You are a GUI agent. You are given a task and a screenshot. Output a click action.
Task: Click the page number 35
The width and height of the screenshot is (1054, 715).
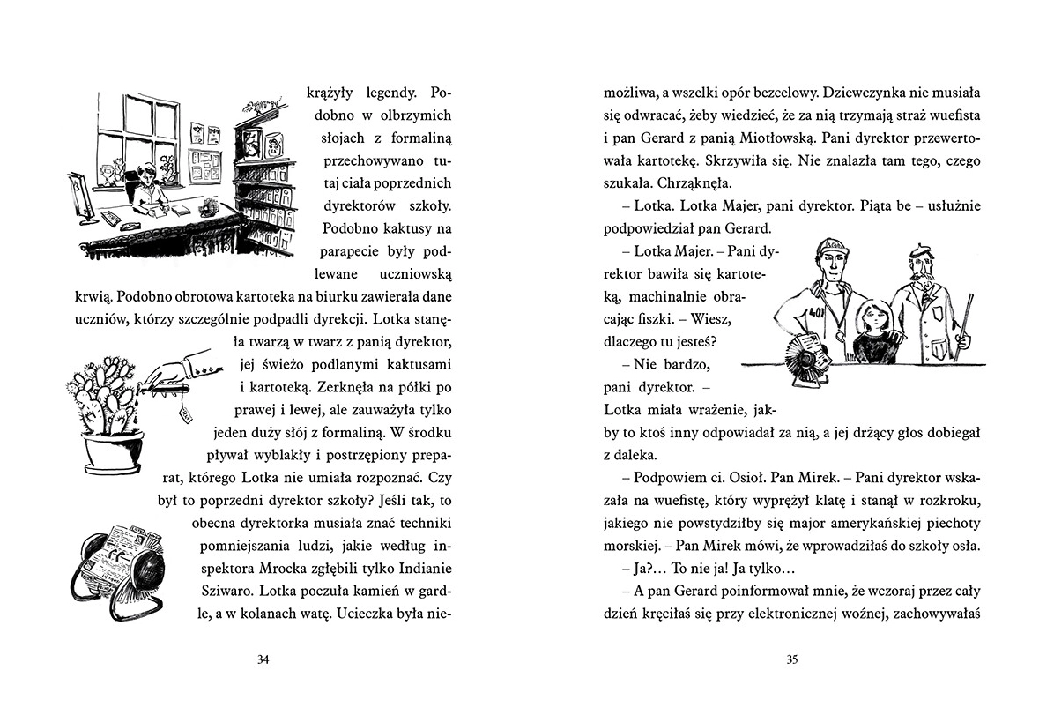point(790,659)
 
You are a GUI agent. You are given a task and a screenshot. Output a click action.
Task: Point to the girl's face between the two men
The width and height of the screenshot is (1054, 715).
point(866,316)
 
